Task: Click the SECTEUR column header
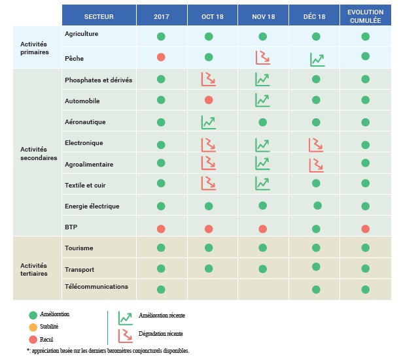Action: coord(97,16)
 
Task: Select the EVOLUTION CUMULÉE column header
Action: coord(366,16)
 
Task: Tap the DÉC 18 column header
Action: coord(315,16)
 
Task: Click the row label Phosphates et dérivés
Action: coord(98,80)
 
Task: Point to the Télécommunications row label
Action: coord(97,286)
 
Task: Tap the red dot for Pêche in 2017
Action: coord(161,57)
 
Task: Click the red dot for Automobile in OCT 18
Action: coord(209,100)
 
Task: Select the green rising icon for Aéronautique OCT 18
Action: coord(209,122)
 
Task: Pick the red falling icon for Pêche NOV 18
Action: coord(262,57)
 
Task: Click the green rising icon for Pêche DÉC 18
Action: coord(317,59)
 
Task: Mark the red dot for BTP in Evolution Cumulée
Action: coord(366,228)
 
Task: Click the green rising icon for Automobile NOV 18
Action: coord(262,100)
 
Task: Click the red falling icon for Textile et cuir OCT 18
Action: coord(209,183)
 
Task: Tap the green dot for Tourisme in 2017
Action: coord(161,248)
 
